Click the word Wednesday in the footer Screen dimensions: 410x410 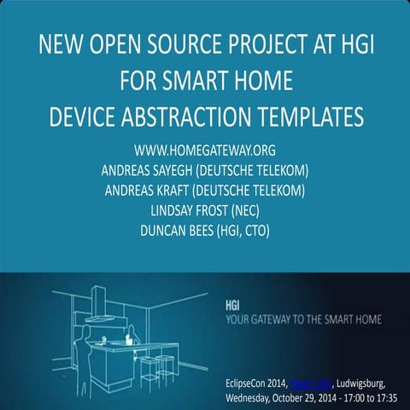pos(255,398)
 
